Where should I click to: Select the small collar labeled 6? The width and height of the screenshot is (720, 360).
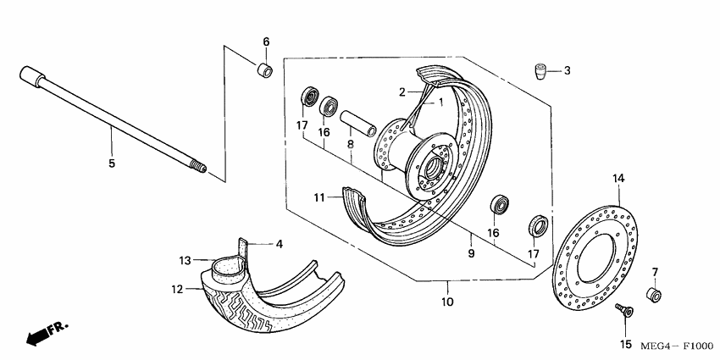[264, 69]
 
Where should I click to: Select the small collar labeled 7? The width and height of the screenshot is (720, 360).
[654, 295]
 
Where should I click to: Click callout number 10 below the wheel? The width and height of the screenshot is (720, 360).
[446, 302]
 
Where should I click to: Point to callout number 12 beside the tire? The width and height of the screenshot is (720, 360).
[177, 290]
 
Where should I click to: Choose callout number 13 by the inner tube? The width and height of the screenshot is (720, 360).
[186, 260]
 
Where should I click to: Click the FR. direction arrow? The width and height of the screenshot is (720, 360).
[46, 333]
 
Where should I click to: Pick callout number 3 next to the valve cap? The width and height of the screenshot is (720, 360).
[567, 70]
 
